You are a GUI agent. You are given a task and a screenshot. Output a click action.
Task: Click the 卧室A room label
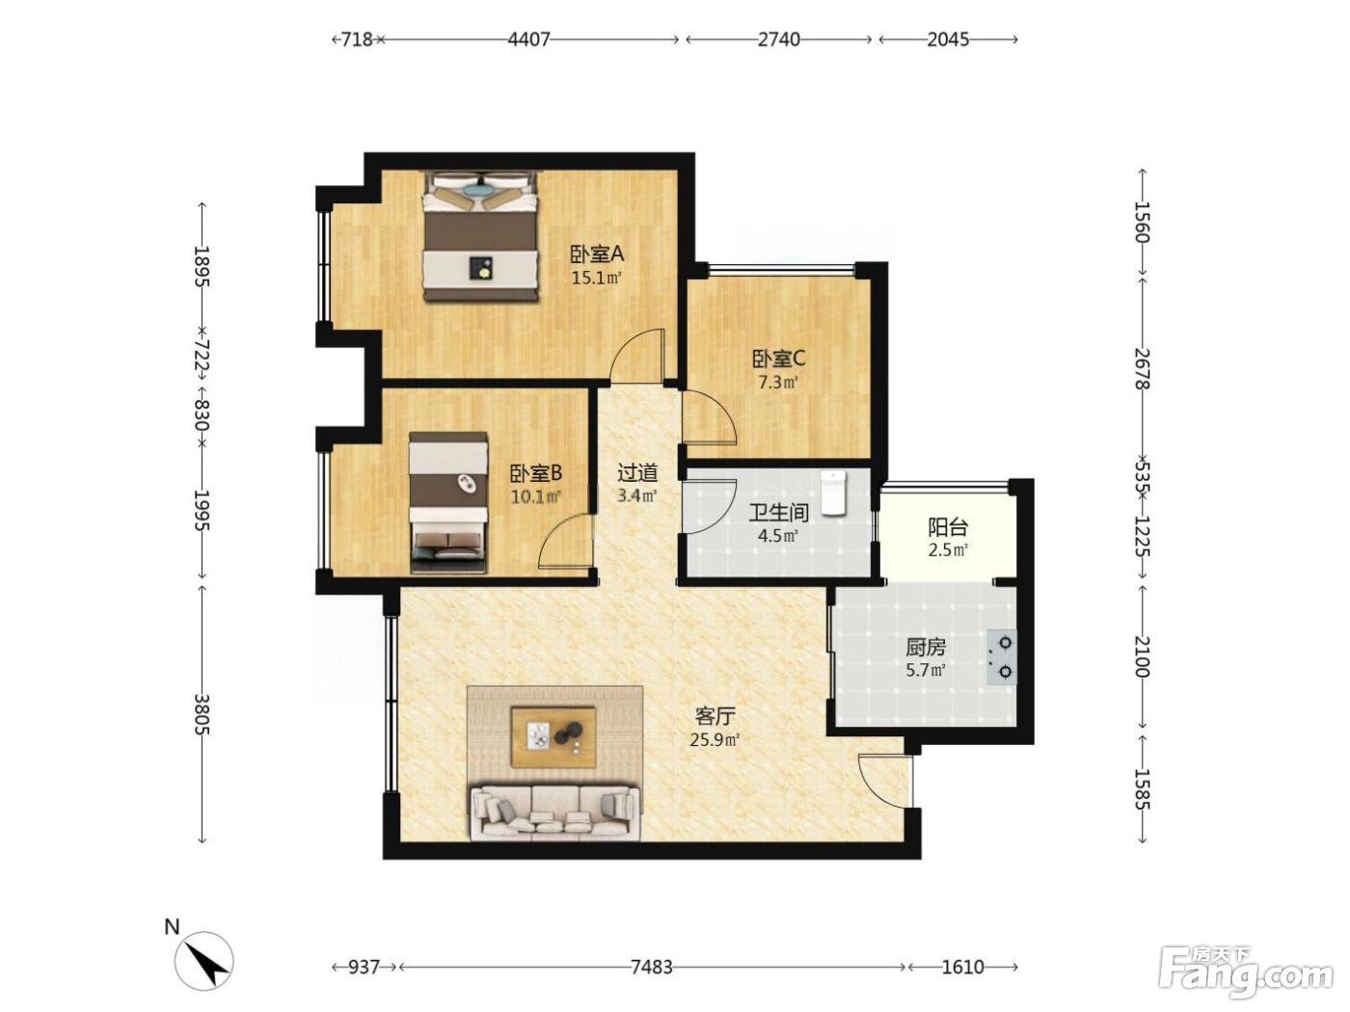click(x=597, y=253)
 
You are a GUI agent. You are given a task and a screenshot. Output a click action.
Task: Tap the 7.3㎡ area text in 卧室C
click(x=778, y=383)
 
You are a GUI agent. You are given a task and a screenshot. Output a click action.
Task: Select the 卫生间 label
click(x=778, y=513)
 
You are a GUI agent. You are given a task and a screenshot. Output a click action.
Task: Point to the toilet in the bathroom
click(x=833, y=493)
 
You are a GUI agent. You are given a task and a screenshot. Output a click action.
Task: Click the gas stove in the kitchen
click(x=1001, y=657)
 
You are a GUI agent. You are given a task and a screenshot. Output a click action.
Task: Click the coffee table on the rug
click(x=553, y=736)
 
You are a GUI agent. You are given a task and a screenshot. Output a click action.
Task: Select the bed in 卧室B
click(x=448, y=502)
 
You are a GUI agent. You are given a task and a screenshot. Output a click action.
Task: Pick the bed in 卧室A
click(x=479, y=236)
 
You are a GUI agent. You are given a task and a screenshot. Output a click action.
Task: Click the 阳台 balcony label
click(x=947, y=527)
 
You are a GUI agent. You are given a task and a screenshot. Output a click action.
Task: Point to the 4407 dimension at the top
click(x=528, y=40)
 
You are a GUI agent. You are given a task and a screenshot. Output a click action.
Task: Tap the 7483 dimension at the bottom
click(x=651, y=967)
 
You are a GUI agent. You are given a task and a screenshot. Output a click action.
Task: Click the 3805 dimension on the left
click(x=202, y=714)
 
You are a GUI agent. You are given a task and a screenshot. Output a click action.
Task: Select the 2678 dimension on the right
click(x=1142, y=369)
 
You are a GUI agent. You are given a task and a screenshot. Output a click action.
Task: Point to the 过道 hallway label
click(x=637, y=472)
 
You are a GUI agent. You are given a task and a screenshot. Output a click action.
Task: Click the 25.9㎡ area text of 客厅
click(x=715, y=739)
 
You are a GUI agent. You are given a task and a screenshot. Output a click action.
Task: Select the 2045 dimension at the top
click(x=948, y=40)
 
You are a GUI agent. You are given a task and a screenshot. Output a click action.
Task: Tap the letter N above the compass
click(x=172, y=926)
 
